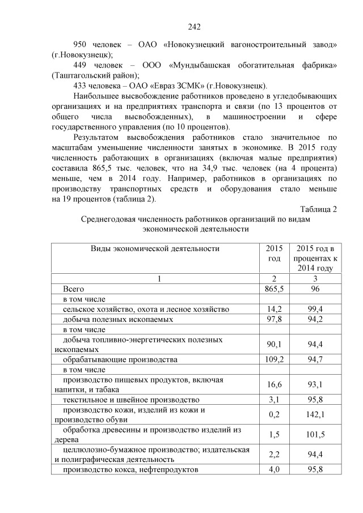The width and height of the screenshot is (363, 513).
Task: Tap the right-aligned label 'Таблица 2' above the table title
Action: pyautogui.click(x=319, y=209)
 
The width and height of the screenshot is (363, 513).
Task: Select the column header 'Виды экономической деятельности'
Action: pyautogui.click(x=155, y=248)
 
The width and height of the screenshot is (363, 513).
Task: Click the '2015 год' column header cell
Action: pyautogui.click(x=274, y=253)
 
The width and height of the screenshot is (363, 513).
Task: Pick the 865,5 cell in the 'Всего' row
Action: pyautogui.click(x=274, y=289)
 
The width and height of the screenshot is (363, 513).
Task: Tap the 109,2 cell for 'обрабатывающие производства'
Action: pyautogui.click(x=274, y=359)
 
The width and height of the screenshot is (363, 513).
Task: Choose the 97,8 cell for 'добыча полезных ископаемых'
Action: pyautogui.click(x=274, y=319)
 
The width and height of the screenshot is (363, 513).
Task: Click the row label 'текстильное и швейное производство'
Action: pyautogui.click(x=131, y=400)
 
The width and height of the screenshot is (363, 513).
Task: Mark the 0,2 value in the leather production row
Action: pyautogui.click(x=274, y=415)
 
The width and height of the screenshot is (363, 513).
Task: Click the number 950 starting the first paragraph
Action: pyautogui.click(x=83, y=44)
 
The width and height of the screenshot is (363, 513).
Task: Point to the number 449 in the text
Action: pyautogui.click(x=83, y=65)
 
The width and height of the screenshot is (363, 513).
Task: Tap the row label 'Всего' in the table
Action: pyautogui.click(x=73, y=289)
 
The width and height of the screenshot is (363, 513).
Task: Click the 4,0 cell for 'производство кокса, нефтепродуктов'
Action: pyautogui.click(x=274, y=470)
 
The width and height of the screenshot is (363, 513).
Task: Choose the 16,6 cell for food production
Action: pyautogui.click(x=274, y=385)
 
